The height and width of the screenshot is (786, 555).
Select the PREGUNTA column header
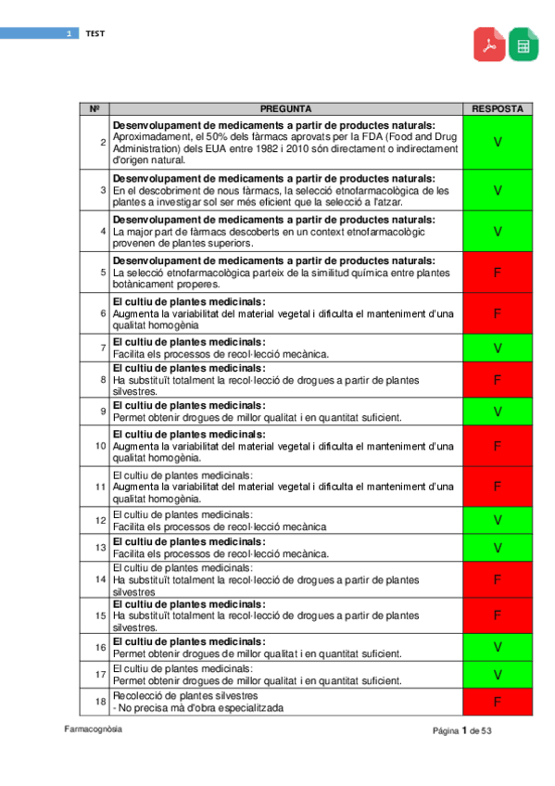[x=285, y=108]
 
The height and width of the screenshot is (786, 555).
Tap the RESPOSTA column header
[x=498, y=108]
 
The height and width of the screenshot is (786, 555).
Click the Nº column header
[x=95, y=108]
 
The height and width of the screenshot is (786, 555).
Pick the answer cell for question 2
[x=498, y=142]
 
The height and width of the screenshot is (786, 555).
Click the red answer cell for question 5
[x=498, y=273]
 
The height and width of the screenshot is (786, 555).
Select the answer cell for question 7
[x=498, y=348]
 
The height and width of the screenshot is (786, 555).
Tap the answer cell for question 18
[x=498, y=702]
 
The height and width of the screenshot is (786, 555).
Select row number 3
[x=101, y=190]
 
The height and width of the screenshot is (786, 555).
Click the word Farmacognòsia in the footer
[x=93, y=729]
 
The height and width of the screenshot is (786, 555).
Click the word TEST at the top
[x=95, y=33]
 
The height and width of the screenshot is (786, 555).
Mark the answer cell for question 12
[x=498, y=519]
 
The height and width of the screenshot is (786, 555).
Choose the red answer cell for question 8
[x=498, y=380]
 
